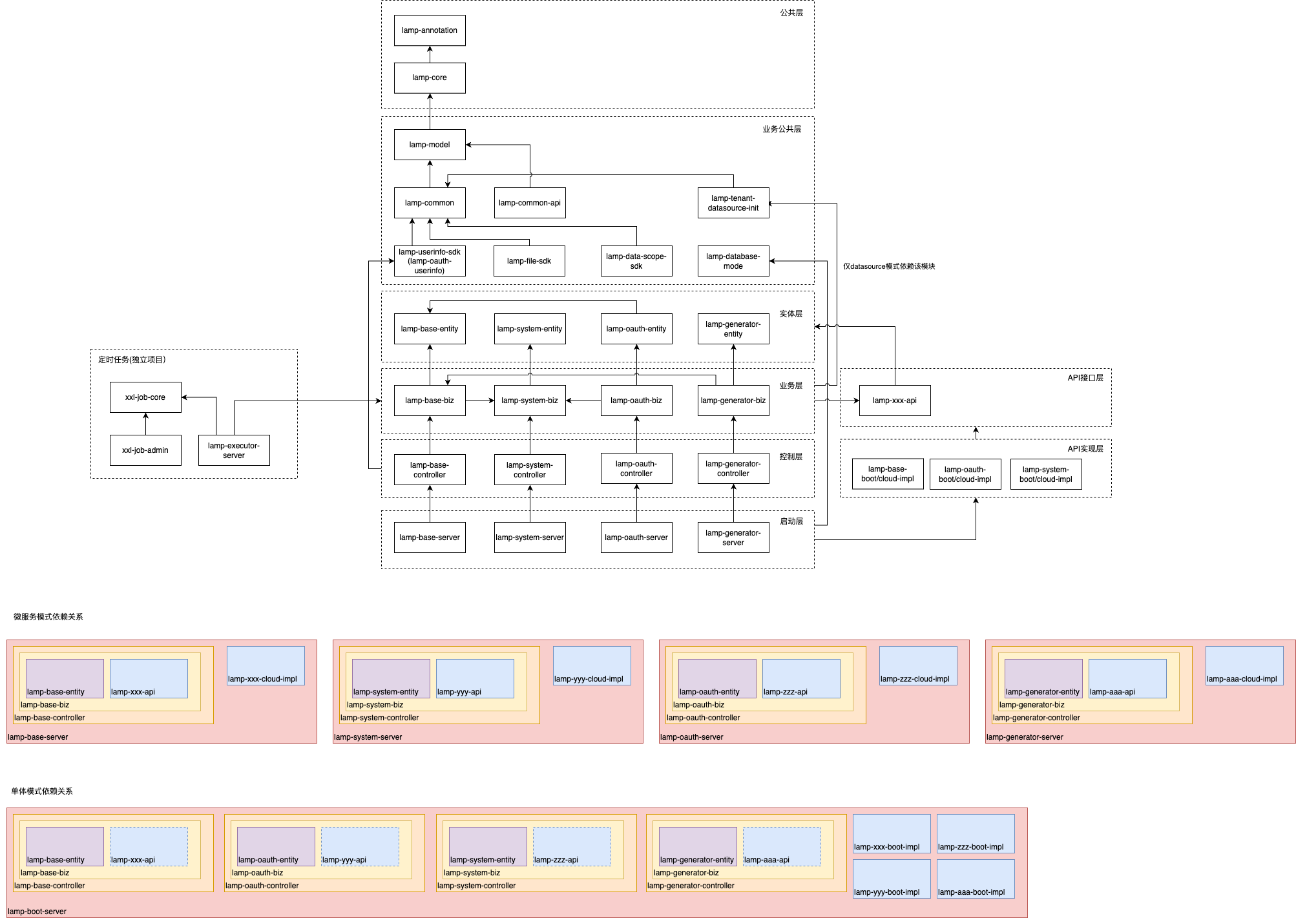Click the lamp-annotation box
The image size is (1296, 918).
pos(430,30)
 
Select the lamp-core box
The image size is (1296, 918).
pos(430,78)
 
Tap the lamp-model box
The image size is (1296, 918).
pos(430,145)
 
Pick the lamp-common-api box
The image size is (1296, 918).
pos(530,203)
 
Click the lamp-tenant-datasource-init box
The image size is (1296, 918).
pos(733,203)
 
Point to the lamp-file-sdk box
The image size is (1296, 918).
pos(529,261)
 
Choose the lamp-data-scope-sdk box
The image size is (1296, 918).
pos(636,261)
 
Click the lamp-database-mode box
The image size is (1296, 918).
pos(733,261)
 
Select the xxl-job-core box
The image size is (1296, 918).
pos(145,397)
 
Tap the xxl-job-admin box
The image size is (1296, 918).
pos(145,450)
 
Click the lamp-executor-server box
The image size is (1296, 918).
pos(234,450)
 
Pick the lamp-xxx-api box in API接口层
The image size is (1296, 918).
pos(895,401)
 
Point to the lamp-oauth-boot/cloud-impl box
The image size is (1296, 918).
pos(965,474)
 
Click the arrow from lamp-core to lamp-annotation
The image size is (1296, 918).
pos(430,54)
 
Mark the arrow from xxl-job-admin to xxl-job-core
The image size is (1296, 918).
pos(145,424)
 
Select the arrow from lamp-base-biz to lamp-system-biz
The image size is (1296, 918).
pos(480,401)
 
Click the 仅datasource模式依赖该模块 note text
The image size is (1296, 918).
pos(889,266)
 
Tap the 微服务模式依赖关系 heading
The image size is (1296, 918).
pos(48,617)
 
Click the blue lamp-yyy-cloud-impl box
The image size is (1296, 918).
pos(592,665)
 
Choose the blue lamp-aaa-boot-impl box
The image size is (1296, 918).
pos(976,879)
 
